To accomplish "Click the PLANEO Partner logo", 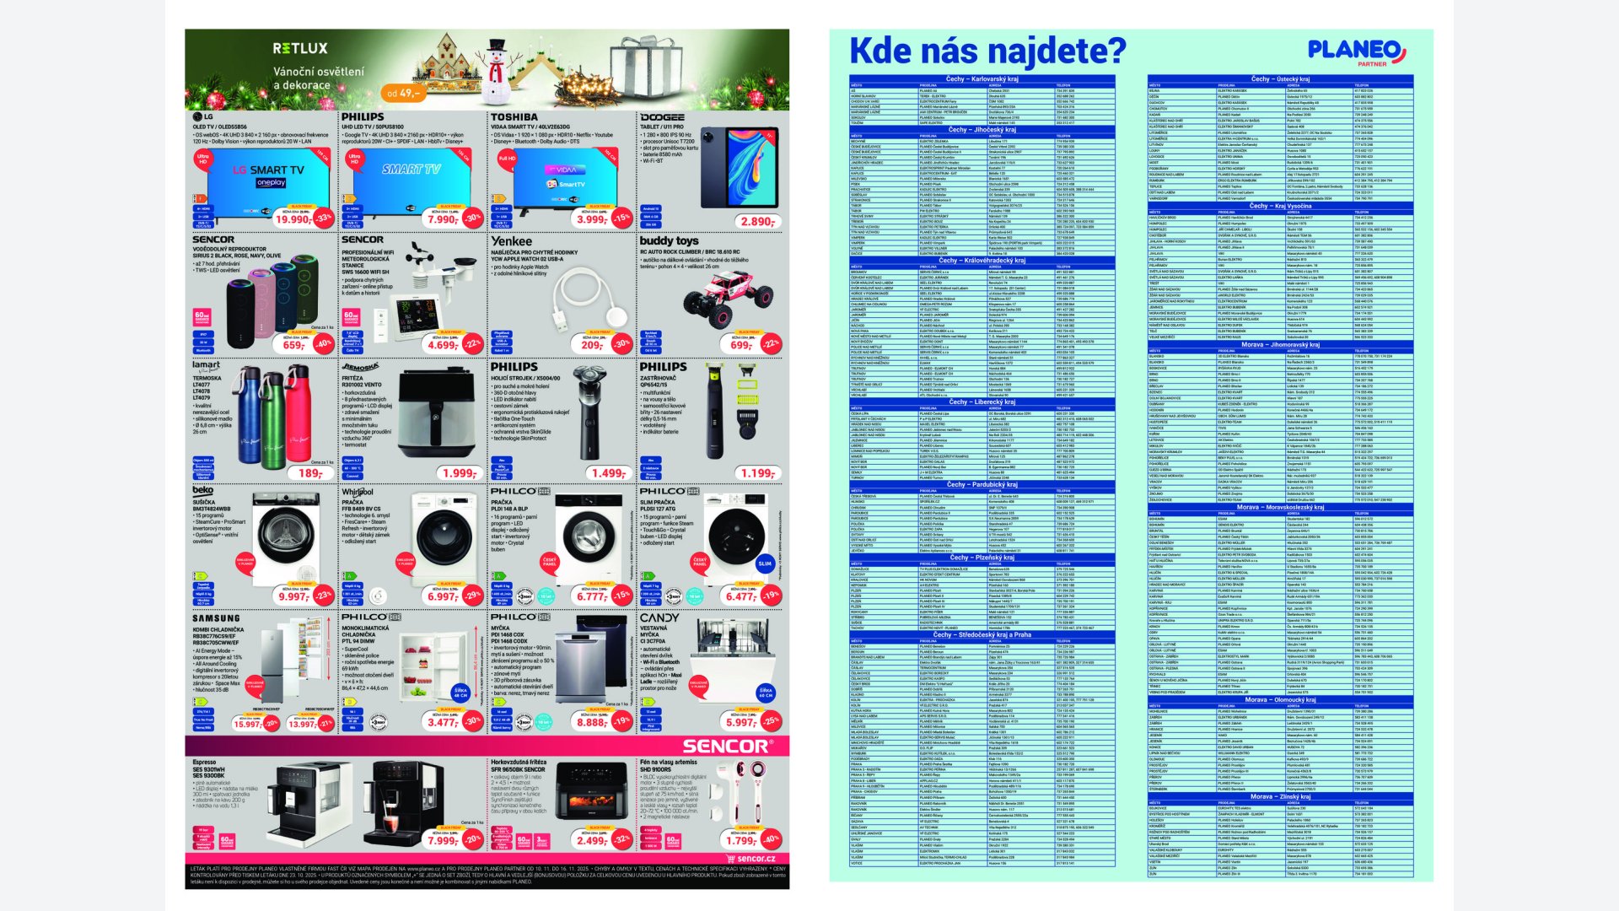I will point(1357,51).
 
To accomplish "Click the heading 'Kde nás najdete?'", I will point(987,51).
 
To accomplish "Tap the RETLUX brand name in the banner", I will point(299,49).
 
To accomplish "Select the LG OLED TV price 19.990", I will point(293,219).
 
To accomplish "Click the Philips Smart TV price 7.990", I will point(443,219).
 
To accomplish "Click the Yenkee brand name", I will point(512,241).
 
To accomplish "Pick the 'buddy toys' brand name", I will point(669,241).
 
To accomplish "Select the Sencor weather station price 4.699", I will point(443,345).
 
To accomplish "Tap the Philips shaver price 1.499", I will point(607,473).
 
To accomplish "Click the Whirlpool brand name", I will point(358,492).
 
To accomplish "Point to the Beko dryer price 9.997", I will point(293,596).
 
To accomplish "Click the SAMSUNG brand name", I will point(216,618).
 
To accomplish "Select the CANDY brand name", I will point(659,618).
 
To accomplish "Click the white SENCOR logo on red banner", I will point(725,747).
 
